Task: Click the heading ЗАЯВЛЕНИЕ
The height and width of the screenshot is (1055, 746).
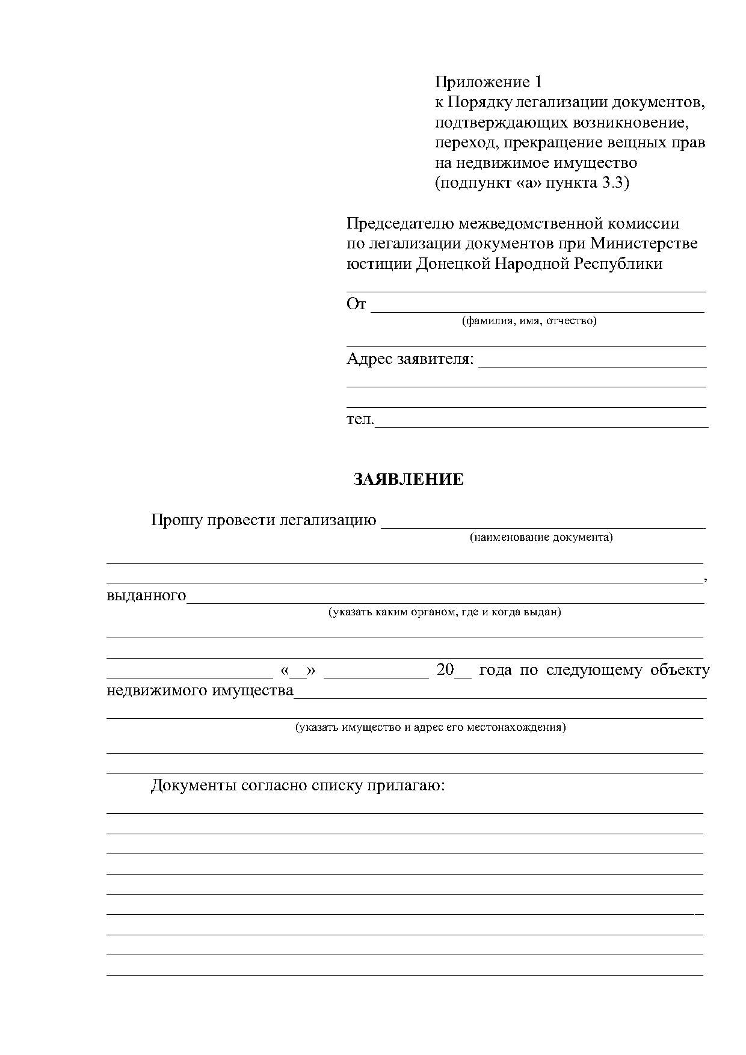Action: pyautogui.click(x=408, y=479)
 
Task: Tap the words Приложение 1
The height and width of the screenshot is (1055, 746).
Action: pyautogui.click(x=489, y=82)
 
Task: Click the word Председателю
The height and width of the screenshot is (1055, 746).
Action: pyautogui.click(x=400, y=224)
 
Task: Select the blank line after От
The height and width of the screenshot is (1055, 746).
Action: pyautogui.click(x=537, y=308)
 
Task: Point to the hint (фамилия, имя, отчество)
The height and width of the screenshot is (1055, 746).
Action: pyautogui.click(x=529, y=321)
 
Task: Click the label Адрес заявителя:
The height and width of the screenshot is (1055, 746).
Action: pyautogui.click(x=410, y=359)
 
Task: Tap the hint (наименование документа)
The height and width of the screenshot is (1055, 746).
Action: pyautogui.click(x=541, y=537)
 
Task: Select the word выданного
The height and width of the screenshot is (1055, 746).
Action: pyautogui.click(x=146, y=595)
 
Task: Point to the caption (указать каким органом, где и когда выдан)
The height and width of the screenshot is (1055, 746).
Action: pyautogui.click(x=444, y=612)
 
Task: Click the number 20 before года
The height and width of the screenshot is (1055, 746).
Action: pyautogui.click(x=445, y=669)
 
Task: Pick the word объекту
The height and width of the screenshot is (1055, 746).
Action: pyautogui.click(x=680, y=670)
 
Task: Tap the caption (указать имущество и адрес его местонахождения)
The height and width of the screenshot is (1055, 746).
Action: pyautogui.click(x=430, y=727)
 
